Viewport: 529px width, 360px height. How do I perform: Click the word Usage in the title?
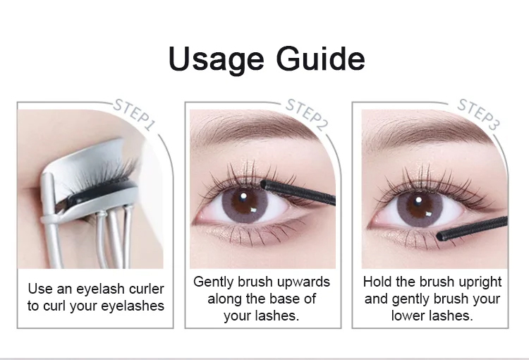click(x=216, y=59)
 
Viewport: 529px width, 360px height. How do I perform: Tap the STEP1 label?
click(x=134, y=114)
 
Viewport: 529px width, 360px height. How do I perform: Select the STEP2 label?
click(x=306, y=115)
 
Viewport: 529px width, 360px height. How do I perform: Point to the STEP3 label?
click(x=478, y=114)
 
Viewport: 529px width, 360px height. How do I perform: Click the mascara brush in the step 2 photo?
click(x=298, y=192)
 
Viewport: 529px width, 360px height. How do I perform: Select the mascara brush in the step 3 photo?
click(x=472, y=228)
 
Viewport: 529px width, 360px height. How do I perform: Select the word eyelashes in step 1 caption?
click(x=133, y=306)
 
